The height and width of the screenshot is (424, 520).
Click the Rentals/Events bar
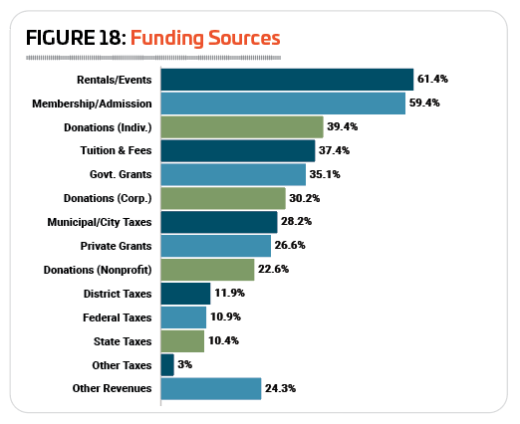pyautogui.click(x=287, y=80)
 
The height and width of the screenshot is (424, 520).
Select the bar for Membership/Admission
pyautogui.click(x=283, y=104)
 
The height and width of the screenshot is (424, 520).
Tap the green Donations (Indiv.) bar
pyautogui.click(x=242, y=127)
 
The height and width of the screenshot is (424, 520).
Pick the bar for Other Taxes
pyautogui.click(x=167, y=365)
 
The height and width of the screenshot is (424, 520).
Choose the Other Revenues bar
pyautogui.click(x=211, y=389)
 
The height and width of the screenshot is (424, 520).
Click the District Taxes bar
pyautogui.click(x=185, y=294)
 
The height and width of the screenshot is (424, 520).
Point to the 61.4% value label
pyautogui.click(x=432, y=79)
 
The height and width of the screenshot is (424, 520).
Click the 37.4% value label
pyautogui.click(x=334, y=150)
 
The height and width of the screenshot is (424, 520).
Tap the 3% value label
pyautogui.click(x=185, y=364)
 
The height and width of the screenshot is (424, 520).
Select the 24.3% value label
pyautogui.click(x=280, y=388)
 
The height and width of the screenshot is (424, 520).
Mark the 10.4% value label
pyautogui.click(x=223, y=340)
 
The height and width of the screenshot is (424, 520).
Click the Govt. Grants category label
pyautogui.click(x=121, y=174)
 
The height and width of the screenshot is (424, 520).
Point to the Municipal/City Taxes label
pyautogui.click(x=100, y=222)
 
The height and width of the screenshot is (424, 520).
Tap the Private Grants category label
pyautogui.click(x=116, y=246)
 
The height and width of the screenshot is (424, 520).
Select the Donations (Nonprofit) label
pyautogui.click(x=98, y=270)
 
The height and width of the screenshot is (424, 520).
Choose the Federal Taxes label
pyautogui.click(x=118, y=318)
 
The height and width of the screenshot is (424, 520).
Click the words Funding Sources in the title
pyautogui.click(x=205, y=38)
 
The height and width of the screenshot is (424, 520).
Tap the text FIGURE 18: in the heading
pyautogui.click(x=76, y=38)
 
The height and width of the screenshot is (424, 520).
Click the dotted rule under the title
pyautogui.click(x=153, y=58)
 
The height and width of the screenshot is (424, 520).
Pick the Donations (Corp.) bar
pyautogui.click(x=223, y=198)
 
